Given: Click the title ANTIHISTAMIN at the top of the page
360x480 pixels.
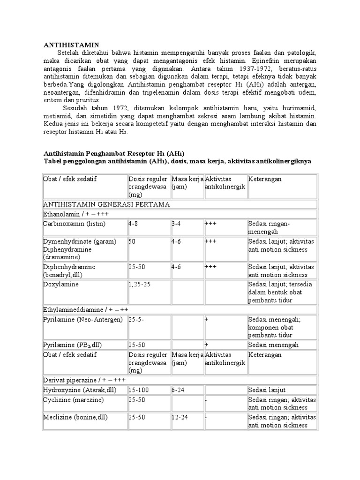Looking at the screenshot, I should tap(71, 44).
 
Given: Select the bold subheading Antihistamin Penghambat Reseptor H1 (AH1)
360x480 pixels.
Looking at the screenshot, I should tap(114, 153).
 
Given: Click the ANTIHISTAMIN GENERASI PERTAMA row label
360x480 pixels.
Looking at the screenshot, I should tap(106, 204).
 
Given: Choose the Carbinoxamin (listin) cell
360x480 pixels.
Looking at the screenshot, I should tap(75, 224).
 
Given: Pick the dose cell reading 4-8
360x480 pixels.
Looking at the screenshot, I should tap(133, 224).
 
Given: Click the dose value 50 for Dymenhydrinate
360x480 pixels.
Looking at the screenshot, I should tap(133, 241).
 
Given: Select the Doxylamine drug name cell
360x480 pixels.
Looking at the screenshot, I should tap(61, 284).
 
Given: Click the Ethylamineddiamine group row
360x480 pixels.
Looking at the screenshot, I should tap(86, 310).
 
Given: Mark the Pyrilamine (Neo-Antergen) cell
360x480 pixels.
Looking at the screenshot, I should tap(83, 319).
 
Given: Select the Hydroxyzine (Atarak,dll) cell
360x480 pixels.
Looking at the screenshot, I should tap(79, 390).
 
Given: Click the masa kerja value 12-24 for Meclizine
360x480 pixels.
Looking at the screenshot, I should tap(181, 417).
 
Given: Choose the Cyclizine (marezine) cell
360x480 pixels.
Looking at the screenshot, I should tap(74, 399).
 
